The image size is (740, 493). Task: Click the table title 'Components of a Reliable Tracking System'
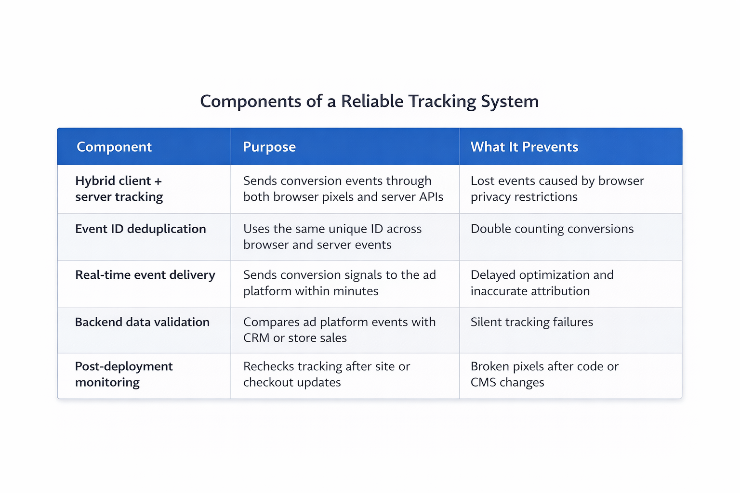[369, 102]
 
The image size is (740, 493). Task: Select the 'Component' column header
[114, 147]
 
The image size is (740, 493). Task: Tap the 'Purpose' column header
[269, 147]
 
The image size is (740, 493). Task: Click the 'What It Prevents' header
[524, 147]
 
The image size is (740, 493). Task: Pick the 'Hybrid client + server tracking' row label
[119, 189]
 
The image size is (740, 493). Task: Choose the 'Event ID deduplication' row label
[140, 229]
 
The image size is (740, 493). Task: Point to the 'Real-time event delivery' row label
[145, 275]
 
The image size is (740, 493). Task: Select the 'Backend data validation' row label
[142, 322]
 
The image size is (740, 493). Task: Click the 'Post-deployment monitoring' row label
[123, 374]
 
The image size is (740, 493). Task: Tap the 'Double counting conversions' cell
[552, 229]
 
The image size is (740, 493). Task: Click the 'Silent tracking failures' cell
[532, 322]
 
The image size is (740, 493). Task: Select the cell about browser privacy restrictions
[557, 189]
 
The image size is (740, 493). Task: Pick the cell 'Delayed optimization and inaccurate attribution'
[542, 283]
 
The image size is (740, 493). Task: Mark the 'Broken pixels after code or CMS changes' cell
[544, 374]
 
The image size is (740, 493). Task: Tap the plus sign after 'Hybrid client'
[158, 182]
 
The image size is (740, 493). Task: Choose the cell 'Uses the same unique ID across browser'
[332, 236]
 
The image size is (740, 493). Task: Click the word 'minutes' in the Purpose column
[356, 291]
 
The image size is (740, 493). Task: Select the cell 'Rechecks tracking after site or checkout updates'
[327, 374]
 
